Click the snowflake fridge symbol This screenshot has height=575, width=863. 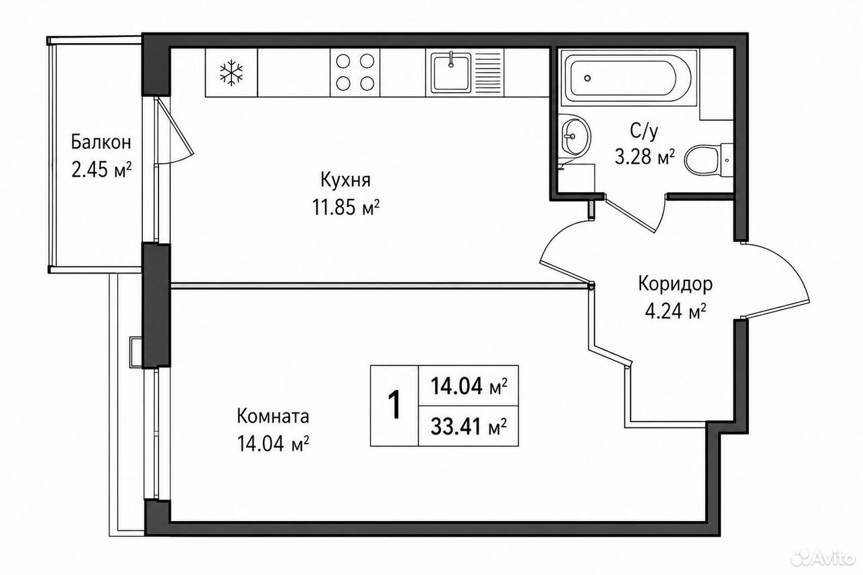click(x=231, y=72)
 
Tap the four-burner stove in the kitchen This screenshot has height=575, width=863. click(x=355, y=72)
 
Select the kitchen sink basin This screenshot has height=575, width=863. click(x=451, y=73)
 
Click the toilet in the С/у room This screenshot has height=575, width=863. click(x=708, y=160)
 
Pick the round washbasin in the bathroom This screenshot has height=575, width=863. click(x=574, y=136)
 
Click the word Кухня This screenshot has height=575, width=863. click(x=346, y=180)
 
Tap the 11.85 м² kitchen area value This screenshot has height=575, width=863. click(x=346, y=208)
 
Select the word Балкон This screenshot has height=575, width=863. click(x=101, y=143)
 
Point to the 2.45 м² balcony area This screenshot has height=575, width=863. click(x=101, y=169)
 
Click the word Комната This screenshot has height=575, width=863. click(x=273, y=417)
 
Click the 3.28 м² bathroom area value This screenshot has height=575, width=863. click(x=645, y=157)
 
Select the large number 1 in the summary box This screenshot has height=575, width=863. click(x=394, y=404)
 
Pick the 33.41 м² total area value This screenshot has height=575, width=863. click(x=469, y=427)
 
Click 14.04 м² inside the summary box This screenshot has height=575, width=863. click(x=469, y=386)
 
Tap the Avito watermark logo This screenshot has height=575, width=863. click(x=823, y=557)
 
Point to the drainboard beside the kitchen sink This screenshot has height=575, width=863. click(x=487, y=72)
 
